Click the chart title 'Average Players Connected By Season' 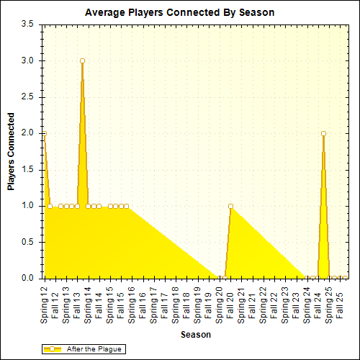tap(179, 12)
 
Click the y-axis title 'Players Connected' tap(11, 151)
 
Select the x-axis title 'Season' tap(195, 335)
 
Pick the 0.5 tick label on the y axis tap(28, 243)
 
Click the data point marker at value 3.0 tap(82, 61)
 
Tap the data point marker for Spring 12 tap(45, 134)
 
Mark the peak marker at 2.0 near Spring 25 tap(324, 134)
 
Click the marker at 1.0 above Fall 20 tap(230, 207)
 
